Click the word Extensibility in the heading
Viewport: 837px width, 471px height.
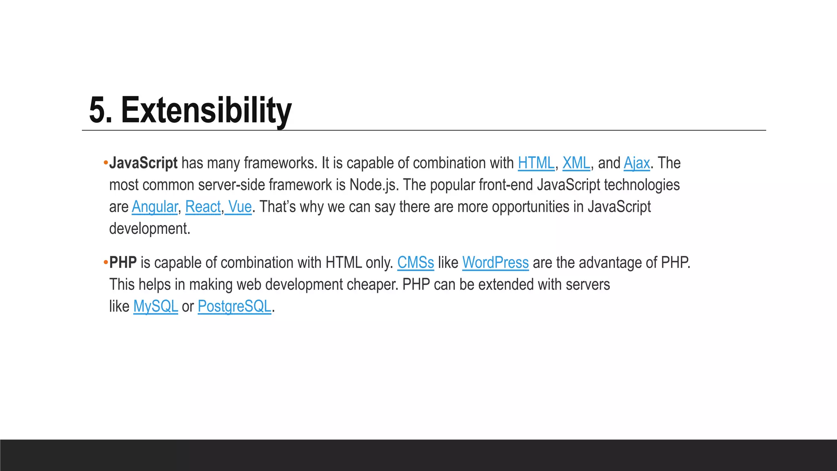(x=206, y=110)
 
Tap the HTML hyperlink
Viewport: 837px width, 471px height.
(x=536, y=163)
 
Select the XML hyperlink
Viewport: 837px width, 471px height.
(x=576, y=163)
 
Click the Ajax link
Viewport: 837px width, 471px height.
(x=636, y=163)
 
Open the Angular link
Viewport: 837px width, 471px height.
(x=154, y=207)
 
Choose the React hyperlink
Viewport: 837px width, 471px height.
(x=203, y=207)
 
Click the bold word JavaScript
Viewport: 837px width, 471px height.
(x=143, y=163)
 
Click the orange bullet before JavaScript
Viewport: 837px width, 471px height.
(x=105, y=163)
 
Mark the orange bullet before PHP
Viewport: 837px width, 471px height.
(x=105, y=262)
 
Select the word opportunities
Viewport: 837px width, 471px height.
(x=530, y=207)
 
